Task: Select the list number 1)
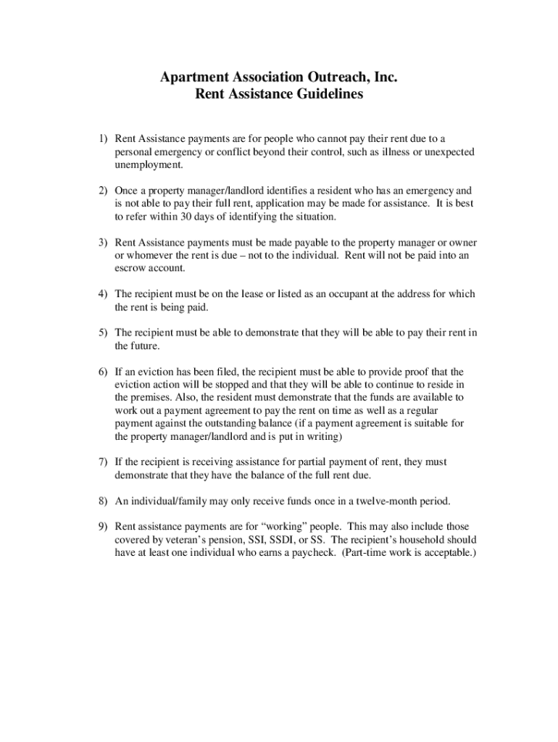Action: pyautogui.click(x=104, y=138)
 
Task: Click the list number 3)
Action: pyautogui.click(x=104, y=242)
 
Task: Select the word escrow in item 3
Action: pyautogui.click(x=131, y=268)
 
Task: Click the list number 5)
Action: pyautogui.click(x=104, y=333)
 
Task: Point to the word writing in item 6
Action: pyautogui.click(x=322, y=437)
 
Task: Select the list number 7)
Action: pyautogui.click(x=104, y=462)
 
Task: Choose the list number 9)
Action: pyautogui.click(x=104, y=527)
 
